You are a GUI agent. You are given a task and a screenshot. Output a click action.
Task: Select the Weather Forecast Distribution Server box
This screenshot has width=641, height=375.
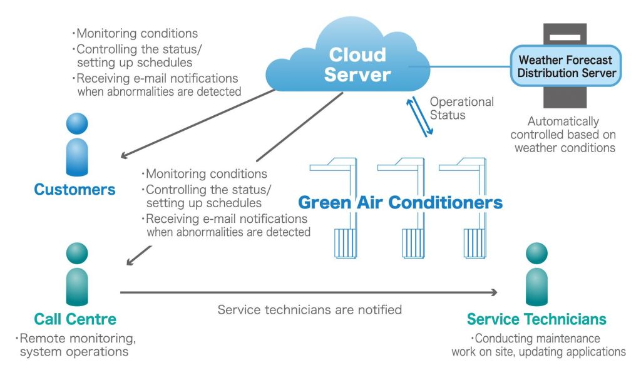point(566,66)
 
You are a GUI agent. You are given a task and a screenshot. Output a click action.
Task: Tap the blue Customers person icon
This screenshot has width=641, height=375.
point(77,145)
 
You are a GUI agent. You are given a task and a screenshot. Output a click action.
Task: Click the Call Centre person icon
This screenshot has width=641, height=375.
point(77,274)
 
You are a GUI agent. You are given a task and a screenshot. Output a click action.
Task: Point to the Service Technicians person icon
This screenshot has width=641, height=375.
point(536,274)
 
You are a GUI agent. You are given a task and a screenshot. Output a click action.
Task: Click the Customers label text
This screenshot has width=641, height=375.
point(74,189)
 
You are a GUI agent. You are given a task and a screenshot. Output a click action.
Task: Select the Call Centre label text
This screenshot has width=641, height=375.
point(75,319)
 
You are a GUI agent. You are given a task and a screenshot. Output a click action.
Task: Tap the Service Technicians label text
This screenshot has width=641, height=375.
point(536,319)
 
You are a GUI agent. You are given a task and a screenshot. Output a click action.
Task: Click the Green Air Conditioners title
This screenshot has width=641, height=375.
point(400,202)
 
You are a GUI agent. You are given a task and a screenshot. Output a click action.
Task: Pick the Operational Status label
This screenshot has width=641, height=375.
point(461,108)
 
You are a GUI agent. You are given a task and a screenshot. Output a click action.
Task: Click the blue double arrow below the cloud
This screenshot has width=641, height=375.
point(419,116)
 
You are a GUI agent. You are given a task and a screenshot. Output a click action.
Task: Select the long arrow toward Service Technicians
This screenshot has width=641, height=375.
point(309,292)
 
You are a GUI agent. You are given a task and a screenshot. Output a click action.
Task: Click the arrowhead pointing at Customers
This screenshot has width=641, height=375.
point(124,155)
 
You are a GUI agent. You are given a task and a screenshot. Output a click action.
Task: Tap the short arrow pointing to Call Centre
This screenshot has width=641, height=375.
point(139,255)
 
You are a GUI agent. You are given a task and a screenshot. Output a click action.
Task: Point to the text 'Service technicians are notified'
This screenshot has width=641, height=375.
point(309,309)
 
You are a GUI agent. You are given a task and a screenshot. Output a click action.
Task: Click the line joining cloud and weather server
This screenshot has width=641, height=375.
point(459,66)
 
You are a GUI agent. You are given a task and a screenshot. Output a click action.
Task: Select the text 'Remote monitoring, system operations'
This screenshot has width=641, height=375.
point(76,345)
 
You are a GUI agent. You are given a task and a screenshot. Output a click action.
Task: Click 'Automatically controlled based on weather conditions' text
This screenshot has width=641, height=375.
point(563,135)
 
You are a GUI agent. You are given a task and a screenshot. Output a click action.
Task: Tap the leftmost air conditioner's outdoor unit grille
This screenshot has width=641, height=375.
point(346,243)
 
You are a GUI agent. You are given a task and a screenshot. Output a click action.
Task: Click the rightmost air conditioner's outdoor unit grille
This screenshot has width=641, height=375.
point(474,243)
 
